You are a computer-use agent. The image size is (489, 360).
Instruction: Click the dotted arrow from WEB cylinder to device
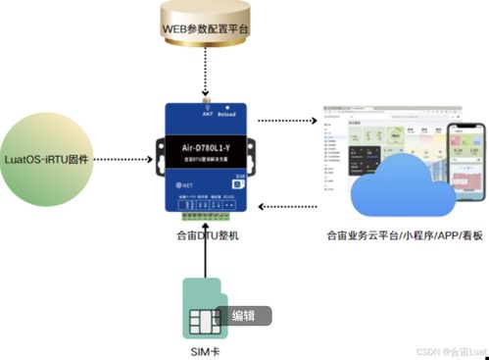pyautogui.click(x=206, y=74)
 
